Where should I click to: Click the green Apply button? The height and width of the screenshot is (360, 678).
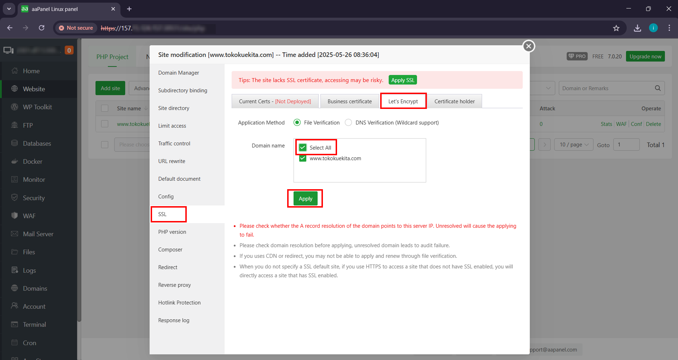(305, 199)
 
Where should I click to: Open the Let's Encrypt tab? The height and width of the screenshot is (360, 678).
(403, 101)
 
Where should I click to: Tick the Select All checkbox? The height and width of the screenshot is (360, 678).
(303, 147)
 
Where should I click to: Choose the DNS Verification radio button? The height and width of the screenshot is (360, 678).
(348, 123)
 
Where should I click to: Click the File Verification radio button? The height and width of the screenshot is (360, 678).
(297, 123)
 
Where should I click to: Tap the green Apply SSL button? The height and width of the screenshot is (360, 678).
(402, 80)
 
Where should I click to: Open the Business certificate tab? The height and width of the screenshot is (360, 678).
(349, 101)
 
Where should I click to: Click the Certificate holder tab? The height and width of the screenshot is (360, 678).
(454, 101)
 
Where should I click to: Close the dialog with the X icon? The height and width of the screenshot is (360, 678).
(529, 46)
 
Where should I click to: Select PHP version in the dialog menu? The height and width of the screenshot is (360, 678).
(172, 232)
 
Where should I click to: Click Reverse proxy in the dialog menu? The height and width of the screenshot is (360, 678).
(174, 285)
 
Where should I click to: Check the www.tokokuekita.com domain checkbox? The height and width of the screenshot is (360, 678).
(303, 158)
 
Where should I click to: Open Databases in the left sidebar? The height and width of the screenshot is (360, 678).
(37, 144)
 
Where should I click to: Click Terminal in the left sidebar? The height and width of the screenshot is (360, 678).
(34, 325)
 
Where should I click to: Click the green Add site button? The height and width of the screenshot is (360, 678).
(110, 88)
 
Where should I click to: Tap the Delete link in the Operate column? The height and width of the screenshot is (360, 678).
(653, 124)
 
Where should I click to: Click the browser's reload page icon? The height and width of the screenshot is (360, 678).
(42, 28)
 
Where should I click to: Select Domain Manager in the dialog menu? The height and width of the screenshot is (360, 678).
(179, 73)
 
